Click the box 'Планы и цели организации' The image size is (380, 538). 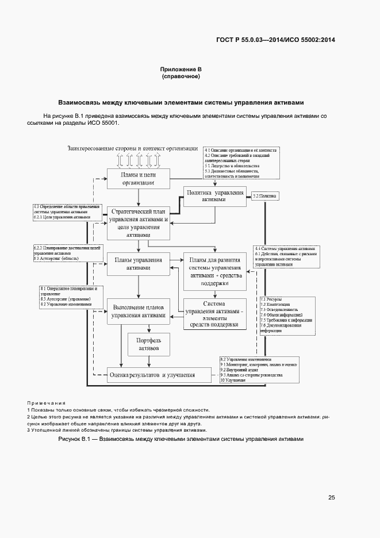138,178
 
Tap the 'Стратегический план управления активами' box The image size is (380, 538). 138,223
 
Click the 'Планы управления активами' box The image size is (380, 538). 138,263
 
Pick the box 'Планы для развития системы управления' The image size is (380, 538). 214,272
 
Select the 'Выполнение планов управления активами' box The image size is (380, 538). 138,312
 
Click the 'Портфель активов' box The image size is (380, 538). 148,344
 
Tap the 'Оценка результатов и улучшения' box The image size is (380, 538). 152,375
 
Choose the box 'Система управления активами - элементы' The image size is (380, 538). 214,314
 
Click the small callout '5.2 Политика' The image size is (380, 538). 264,197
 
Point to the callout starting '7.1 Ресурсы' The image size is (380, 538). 287,315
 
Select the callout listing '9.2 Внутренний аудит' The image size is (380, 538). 259,369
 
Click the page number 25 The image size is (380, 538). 332,498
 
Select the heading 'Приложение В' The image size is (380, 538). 181,70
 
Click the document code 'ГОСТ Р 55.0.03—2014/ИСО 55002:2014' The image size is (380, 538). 275,40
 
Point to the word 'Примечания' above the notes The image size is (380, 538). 47,403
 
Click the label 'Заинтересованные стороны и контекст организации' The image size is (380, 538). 133,148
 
